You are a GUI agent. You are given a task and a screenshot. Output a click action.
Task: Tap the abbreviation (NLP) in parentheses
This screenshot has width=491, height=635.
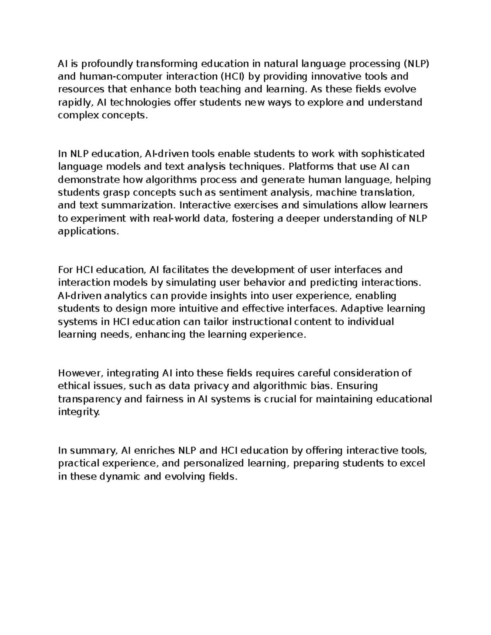coord(417,64)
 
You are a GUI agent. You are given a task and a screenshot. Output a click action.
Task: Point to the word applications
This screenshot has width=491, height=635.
coord(88,231)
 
